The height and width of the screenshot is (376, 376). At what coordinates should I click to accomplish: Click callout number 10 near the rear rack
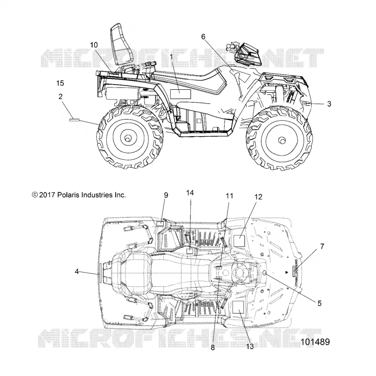tap(94, 45)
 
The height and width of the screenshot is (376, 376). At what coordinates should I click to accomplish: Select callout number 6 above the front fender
tap(203, 37)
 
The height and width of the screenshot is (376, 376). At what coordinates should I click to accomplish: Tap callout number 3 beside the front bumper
tap(329, 104)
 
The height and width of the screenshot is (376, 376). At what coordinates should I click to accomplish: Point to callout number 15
tap(60, 83)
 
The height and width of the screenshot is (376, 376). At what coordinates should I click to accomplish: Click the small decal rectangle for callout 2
tap(74, 120)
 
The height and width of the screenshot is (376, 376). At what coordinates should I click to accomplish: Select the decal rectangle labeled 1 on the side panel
tap(180, 94)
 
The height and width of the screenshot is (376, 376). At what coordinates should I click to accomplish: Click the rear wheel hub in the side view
tap(127, 138)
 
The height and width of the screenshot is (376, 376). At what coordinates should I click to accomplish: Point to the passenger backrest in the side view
tap(119, 44)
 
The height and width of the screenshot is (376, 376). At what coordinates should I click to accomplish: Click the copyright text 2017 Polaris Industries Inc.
tap(79, 195)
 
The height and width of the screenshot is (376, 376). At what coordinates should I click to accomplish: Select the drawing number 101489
tap(315, 342)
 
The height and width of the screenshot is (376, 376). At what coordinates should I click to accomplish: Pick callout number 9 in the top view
tap(166, 195)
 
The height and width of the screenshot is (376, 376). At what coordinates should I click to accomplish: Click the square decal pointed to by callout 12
tap(239, 241)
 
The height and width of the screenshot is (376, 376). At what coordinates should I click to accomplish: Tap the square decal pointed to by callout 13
tap(238, 307)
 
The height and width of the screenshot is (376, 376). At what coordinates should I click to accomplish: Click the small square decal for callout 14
tap(190, 251)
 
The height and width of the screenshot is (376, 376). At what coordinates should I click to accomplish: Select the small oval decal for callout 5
tap(265, 273)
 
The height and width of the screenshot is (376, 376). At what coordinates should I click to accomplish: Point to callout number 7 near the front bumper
tap(322, 246)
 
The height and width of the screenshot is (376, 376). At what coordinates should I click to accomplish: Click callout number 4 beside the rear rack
tap(77, 272)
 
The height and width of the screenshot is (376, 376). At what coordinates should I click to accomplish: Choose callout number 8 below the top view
tap(213, 348)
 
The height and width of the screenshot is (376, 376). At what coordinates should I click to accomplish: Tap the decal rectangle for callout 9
tap(160, 224)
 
